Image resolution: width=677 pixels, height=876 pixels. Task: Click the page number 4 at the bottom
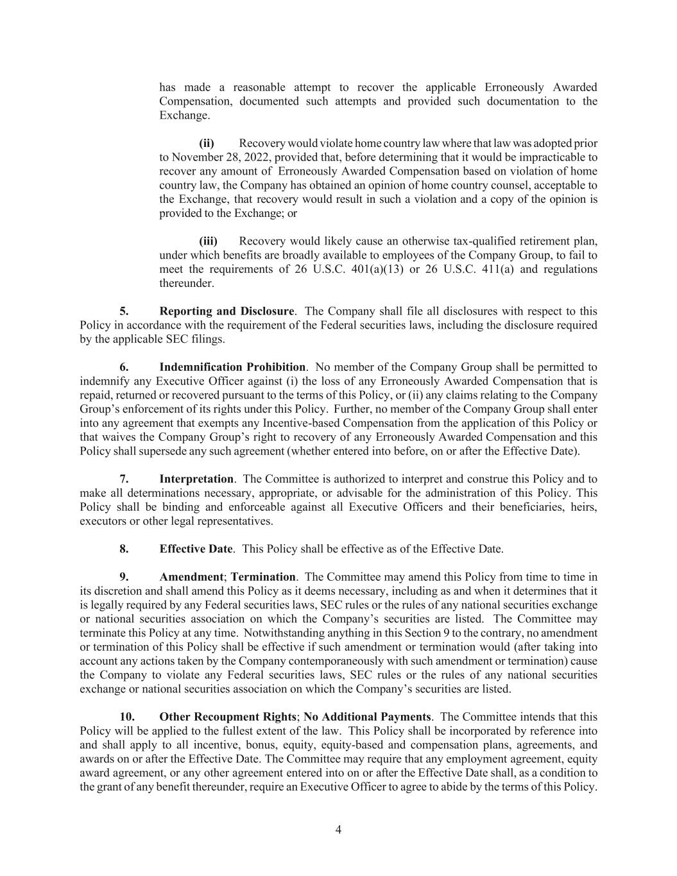coord(338,830)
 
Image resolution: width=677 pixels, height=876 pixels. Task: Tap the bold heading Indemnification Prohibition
coord(232,367)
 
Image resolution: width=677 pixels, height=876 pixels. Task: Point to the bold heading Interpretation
coord(196,479)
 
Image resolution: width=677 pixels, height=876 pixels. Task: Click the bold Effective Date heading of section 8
coord(196,549)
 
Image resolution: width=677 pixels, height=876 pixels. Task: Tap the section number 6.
coord(124,367)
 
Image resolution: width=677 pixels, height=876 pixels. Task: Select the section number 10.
coord(127,717)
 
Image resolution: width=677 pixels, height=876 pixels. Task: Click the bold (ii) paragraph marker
coord(207,143)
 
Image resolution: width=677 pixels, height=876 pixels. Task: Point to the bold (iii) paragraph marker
coord(209,241)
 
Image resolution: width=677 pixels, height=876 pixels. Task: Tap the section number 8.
coord(124,549)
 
